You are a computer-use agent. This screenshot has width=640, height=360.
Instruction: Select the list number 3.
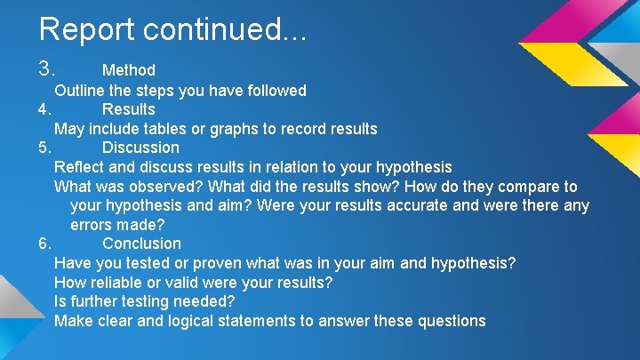(47, 68)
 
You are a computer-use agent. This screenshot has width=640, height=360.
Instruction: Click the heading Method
(129, 69)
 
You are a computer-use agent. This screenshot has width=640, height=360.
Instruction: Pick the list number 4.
(47, 109)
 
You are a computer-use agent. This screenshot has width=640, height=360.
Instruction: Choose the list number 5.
(47, 148)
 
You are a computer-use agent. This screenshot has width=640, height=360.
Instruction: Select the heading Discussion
(140, 148)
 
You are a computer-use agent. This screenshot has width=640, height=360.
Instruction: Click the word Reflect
(80, 167)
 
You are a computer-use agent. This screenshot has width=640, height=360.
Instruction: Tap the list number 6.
(47, 244)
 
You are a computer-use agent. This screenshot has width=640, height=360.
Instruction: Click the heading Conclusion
(141, 244)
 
